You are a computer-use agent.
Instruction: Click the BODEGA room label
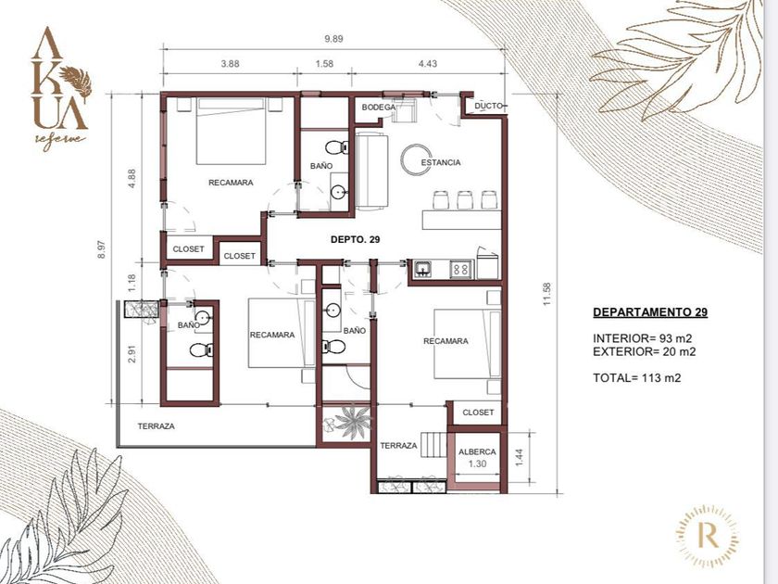(379, 108)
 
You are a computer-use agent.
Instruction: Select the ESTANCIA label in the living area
(441, 162)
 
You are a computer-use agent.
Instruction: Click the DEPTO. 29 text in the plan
(356, 239)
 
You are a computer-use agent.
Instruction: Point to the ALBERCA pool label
(477, 452)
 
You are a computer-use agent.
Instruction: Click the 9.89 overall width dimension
(334, 39)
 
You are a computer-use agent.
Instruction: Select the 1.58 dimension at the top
(324, 64)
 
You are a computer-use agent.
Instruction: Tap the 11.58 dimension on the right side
(546, 294)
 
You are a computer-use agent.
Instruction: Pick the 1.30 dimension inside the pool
(477, 463)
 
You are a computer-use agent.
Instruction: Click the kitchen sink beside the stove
(423, 269)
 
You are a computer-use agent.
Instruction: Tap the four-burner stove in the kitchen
(460, 270)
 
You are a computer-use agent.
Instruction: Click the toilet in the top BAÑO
(337, 147)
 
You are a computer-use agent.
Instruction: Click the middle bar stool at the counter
(465, 199)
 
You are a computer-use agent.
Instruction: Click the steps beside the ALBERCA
(433, 444)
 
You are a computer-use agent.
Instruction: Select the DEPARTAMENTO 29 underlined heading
(650, 312)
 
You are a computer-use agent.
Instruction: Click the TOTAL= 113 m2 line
(637, 378)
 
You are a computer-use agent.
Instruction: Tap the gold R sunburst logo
(708, 536)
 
